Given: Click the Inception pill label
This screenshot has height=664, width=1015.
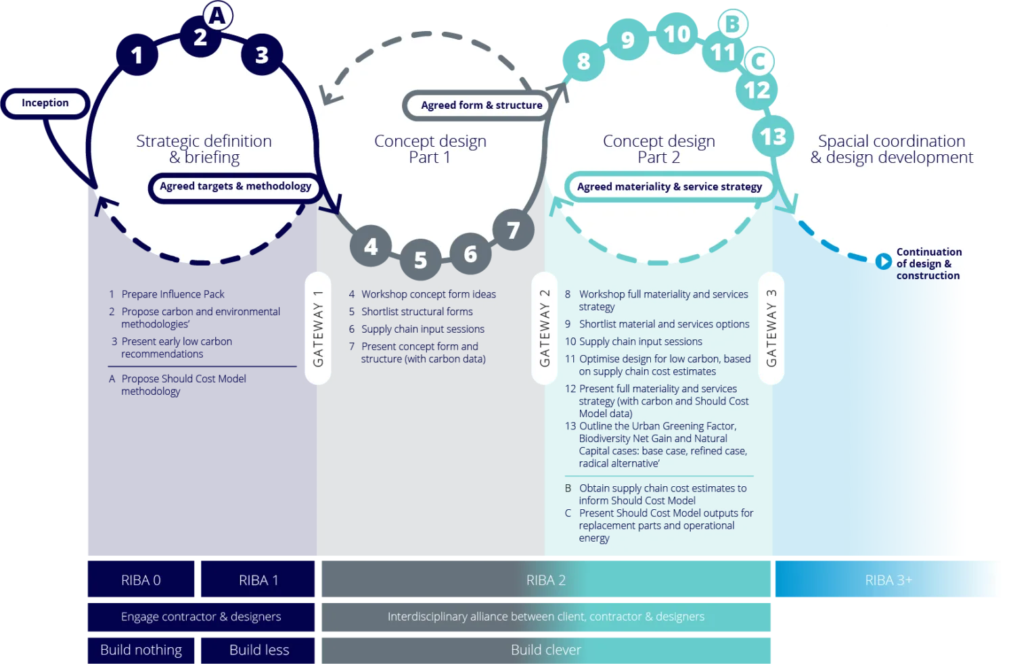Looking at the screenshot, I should (x=45, y=103).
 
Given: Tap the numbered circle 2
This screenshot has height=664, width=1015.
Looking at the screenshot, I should (x=200, y=38).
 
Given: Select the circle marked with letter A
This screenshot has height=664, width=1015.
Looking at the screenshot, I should (x=217, y=16).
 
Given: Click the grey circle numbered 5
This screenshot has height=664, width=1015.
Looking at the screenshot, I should (x=420, y=260).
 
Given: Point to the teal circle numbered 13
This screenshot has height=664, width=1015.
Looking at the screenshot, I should (x=773, y=137).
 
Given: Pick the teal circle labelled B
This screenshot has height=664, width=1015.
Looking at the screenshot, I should (x=732, y=24).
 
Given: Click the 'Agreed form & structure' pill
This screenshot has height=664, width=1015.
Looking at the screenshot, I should (x=481, y=105).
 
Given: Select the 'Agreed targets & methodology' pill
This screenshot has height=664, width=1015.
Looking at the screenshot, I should (x=235, y=187).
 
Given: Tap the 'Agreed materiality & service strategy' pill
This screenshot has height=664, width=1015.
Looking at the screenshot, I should (x=669, y=187).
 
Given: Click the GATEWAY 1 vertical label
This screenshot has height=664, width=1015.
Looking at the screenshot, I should (x=318, y=329).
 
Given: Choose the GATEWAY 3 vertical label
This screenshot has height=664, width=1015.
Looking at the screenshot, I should (x=771, y=329).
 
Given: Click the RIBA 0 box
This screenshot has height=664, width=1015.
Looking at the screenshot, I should (x=141, y=580).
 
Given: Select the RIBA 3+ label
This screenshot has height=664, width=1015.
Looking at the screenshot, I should (x=888, y=580).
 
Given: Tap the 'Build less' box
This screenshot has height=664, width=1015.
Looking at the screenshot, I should (x=259, y=650).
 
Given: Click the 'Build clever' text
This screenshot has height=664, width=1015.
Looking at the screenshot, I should (x=546, y=650).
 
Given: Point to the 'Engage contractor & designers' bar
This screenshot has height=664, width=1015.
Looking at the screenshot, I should (x=201, y=617).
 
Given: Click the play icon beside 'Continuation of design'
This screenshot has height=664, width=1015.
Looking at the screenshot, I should (x=883, y=261).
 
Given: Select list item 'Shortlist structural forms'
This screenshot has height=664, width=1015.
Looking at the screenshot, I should (x=417, y=312).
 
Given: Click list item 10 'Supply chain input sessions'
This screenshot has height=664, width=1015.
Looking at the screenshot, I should (x=640, y=341).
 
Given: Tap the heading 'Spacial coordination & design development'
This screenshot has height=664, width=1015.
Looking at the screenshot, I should (x=892, y=149).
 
